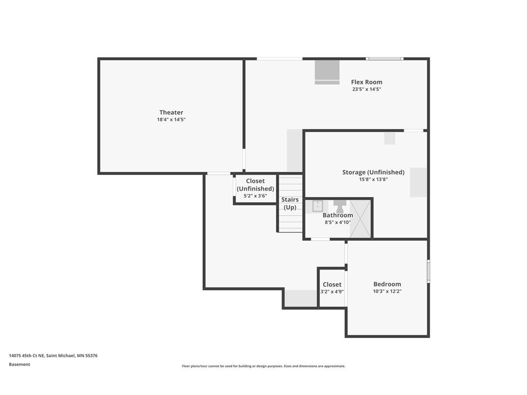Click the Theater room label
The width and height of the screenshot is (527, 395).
pos(171,112)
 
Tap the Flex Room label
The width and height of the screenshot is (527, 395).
pos(366,82)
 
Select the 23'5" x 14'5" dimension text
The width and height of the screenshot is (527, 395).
pos(366,89)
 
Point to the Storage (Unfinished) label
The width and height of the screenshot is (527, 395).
pos(374,172)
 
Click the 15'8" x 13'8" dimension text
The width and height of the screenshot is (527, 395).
pos(374,179)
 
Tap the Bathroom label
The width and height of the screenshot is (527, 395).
pos(338,216)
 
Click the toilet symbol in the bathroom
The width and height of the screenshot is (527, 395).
pos(340,206)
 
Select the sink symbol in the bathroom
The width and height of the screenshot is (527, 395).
pos(318,206)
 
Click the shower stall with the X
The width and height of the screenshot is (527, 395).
pos(360,219)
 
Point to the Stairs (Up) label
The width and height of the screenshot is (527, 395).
pos(290,204)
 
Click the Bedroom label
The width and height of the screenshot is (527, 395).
pos(387,284)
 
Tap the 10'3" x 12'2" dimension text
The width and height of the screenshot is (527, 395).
pos(387,292)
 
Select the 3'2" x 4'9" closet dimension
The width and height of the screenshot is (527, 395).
pos(332,292)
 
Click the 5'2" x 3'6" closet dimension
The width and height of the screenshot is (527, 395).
pos(255,196)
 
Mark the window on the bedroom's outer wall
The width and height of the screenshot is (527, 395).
pos(429,271)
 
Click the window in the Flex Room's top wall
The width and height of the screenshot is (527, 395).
pos(384,59)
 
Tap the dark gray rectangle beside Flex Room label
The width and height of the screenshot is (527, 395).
pos(327,72)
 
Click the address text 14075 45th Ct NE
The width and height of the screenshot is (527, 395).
pos(26,355)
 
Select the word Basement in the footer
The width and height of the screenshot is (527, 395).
pos(20,365)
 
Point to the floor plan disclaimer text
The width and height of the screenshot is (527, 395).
pos(263,366)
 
